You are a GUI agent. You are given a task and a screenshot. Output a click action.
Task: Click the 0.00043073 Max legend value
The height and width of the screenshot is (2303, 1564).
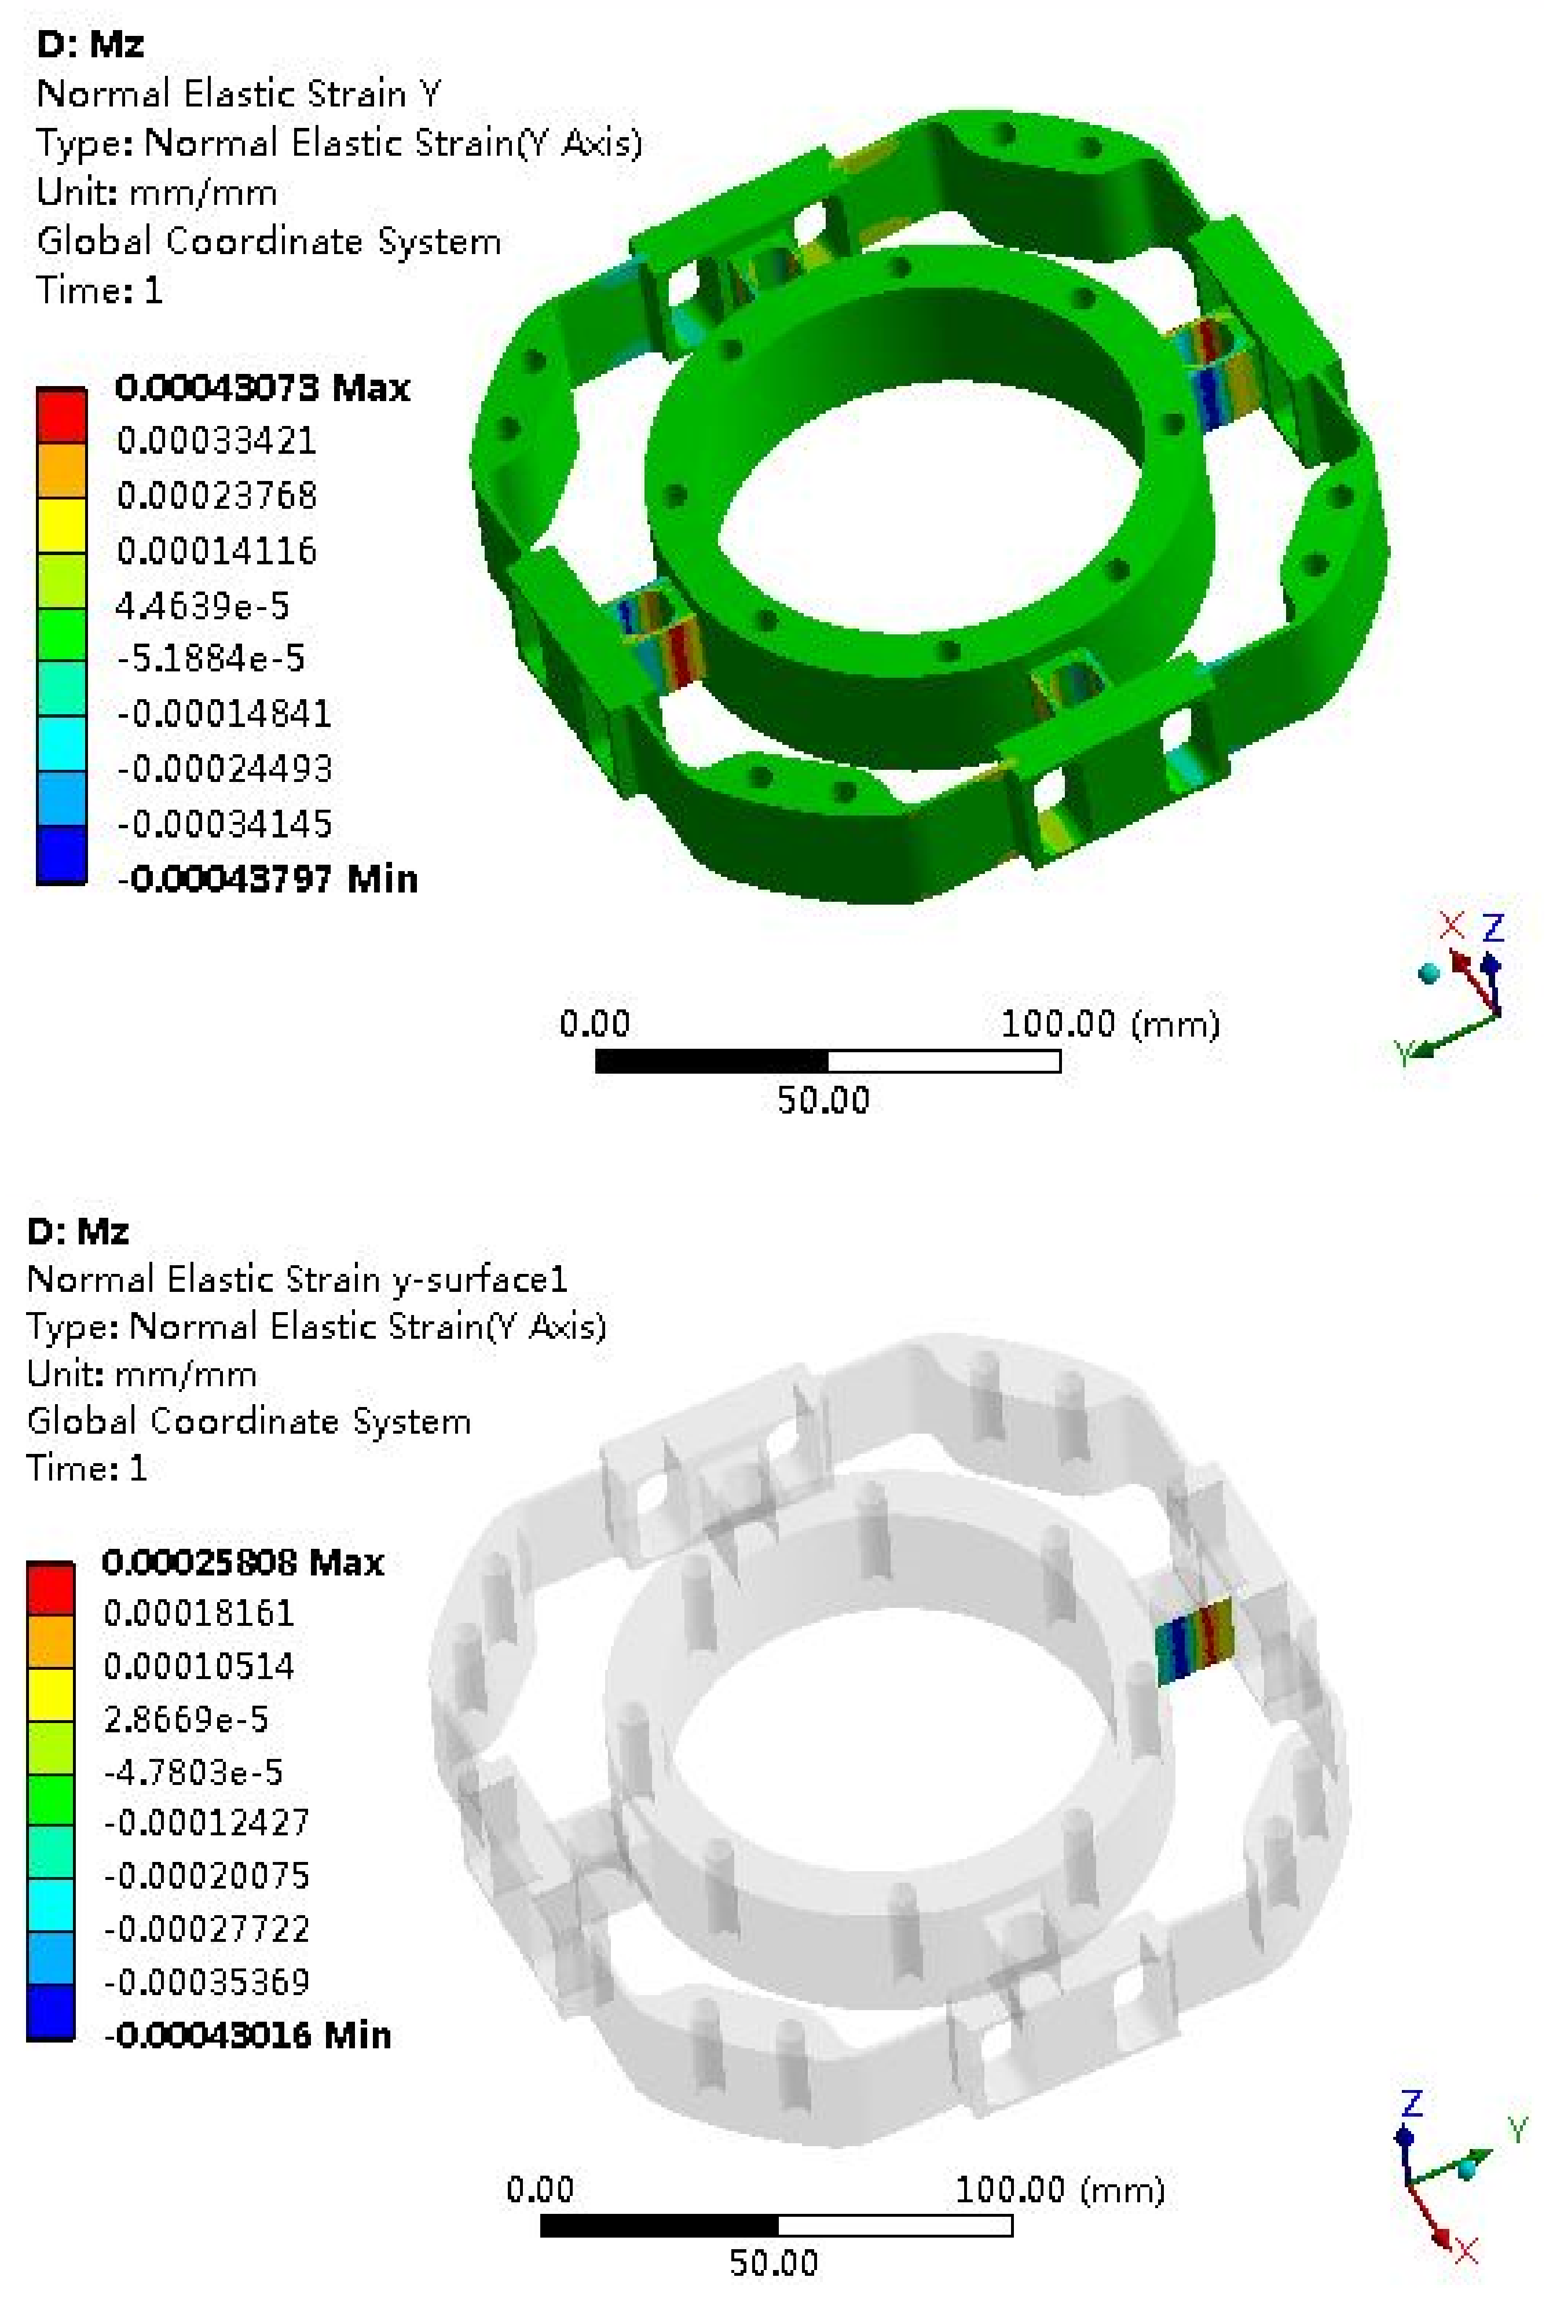pyautogui.click(x=262, y=387)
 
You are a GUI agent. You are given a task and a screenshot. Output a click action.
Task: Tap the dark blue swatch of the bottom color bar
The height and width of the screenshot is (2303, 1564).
pyautogui.click(x=50, y=2012)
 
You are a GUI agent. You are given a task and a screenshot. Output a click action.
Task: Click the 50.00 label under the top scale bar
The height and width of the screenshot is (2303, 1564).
pyautogui.click(x=823, y=1100)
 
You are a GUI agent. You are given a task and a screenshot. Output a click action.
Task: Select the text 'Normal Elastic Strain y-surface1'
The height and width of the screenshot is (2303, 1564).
pyautogui.click(x=297, y=1279)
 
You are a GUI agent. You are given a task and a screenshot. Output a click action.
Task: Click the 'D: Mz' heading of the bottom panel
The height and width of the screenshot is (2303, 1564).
pyautogui.click(x=78, y=1231)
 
